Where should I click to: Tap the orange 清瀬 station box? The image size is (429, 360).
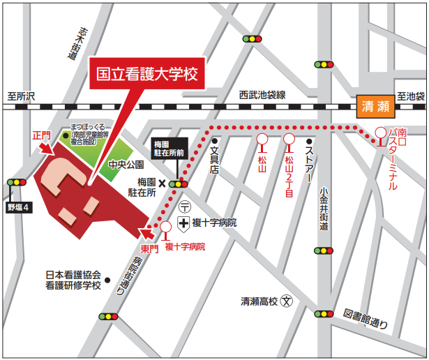375,107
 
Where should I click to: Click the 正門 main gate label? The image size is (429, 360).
41,134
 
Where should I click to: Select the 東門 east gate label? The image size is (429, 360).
150,248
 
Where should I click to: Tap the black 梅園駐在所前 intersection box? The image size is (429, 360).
170,147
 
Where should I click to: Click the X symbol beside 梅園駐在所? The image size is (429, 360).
162,183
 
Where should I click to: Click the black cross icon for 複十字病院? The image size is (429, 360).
183,223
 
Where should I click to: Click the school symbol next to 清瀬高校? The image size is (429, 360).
286,301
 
